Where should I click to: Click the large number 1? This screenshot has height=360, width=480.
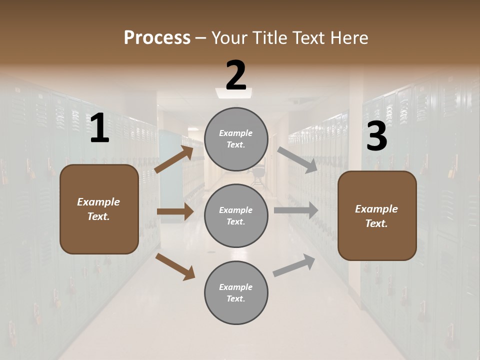point(99,129)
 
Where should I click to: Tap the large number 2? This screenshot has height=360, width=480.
point(236,76)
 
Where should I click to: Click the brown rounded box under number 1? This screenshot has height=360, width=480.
point(99,209)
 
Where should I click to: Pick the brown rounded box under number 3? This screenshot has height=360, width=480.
point(377,216)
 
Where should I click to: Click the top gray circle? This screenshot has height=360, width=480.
point(236,139)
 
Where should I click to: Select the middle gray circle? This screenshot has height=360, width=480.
point(236,215)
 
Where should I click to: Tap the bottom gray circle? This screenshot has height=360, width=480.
point(236,292)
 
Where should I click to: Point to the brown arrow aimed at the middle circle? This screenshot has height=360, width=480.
point(175,212)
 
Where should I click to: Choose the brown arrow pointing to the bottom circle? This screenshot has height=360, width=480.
point(175,266)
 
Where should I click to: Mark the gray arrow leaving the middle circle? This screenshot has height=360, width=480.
point(296,210)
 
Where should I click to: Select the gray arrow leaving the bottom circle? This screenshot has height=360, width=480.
point(294,265)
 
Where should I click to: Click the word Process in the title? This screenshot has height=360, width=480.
point(157,37)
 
